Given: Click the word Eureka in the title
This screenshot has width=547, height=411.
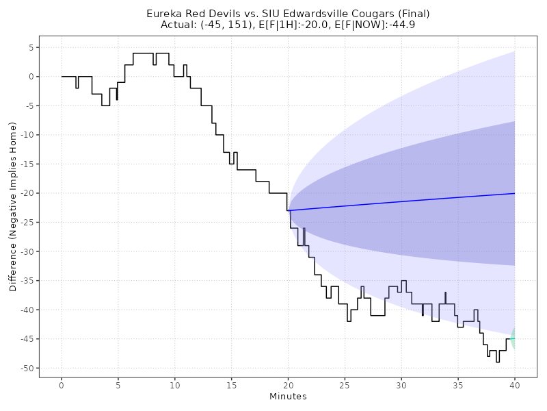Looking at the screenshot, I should coord(164,14).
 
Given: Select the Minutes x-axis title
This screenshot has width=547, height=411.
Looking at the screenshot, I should coord(288,396).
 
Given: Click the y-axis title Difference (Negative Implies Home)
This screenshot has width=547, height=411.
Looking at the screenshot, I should coord(13,206).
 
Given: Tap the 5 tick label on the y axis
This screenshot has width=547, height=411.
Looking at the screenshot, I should coord(31,47).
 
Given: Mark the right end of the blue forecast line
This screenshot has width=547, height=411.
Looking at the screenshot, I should coord(514,193).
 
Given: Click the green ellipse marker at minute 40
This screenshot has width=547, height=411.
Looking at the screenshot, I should coord(513,339).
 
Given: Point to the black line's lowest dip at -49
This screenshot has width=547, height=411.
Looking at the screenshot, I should coord(498,361).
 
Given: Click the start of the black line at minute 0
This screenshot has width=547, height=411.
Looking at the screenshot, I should coord(62,77).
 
